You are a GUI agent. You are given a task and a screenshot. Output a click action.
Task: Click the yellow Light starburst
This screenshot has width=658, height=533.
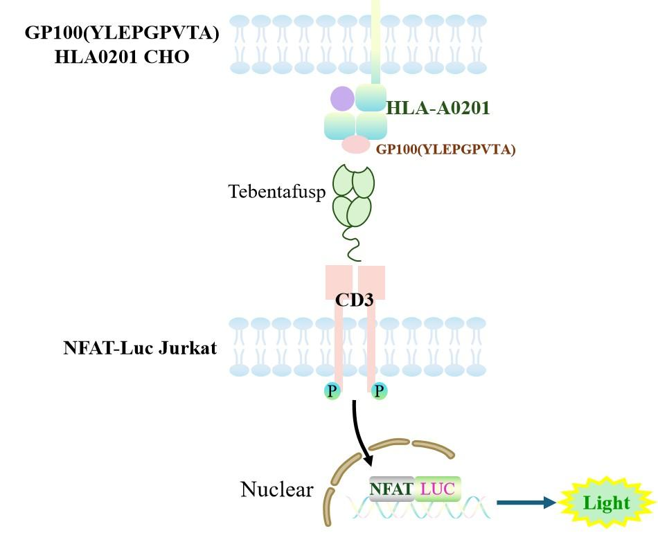click(605, 503)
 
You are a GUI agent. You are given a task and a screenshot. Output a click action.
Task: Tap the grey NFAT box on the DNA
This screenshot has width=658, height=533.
click(392, 489)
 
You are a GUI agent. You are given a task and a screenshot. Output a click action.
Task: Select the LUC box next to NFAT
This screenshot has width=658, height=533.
click(438, 489)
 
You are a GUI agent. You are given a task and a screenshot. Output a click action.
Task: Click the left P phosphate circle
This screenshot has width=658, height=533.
click(333, 392)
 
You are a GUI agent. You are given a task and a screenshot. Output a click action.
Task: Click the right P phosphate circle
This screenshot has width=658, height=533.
click(379, 392)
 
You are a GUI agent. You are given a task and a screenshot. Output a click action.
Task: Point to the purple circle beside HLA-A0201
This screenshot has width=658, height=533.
click(342, 99)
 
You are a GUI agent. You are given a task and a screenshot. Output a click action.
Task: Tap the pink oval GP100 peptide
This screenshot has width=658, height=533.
click(356, 145)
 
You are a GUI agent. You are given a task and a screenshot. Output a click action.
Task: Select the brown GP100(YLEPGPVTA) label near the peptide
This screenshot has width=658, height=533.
click(445, 149)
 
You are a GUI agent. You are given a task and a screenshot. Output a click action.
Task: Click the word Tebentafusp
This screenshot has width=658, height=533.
click(277, 192)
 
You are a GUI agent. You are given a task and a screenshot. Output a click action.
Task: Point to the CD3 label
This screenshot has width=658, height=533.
click(354, 300)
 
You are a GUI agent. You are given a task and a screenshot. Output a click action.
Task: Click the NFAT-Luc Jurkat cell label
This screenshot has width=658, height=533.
click(139, 348)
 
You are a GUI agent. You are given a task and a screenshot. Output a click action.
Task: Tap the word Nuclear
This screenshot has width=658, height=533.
click(276, 490)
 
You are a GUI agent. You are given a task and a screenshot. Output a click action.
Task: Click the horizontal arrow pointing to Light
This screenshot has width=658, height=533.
click(526, 503)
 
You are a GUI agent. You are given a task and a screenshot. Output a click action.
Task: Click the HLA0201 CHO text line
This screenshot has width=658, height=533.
click(122, 57)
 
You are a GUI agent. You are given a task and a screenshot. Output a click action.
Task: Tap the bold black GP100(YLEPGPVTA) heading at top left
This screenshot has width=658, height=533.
click(122, 33)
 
